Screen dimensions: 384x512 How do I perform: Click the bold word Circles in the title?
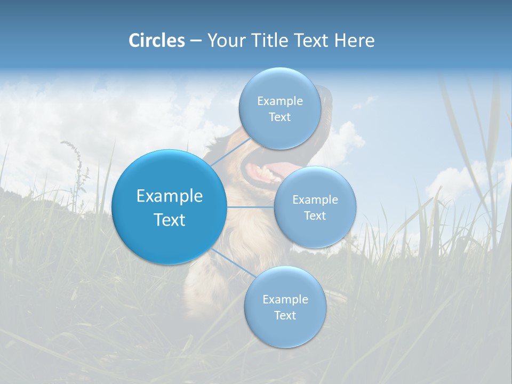156,41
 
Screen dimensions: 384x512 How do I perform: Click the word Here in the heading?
354,41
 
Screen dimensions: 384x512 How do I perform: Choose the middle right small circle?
315,235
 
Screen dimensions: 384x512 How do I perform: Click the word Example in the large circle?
169,196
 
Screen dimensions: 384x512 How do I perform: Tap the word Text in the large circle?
169,220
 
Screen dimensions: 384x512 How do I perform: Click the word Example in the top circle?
279,101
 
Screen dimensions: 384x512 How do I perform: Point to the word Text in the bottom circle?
285,316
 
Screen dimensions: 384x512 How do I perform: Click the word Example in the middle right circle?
315,200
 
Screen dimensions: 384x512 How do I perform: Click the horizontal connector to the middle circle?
251,207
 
